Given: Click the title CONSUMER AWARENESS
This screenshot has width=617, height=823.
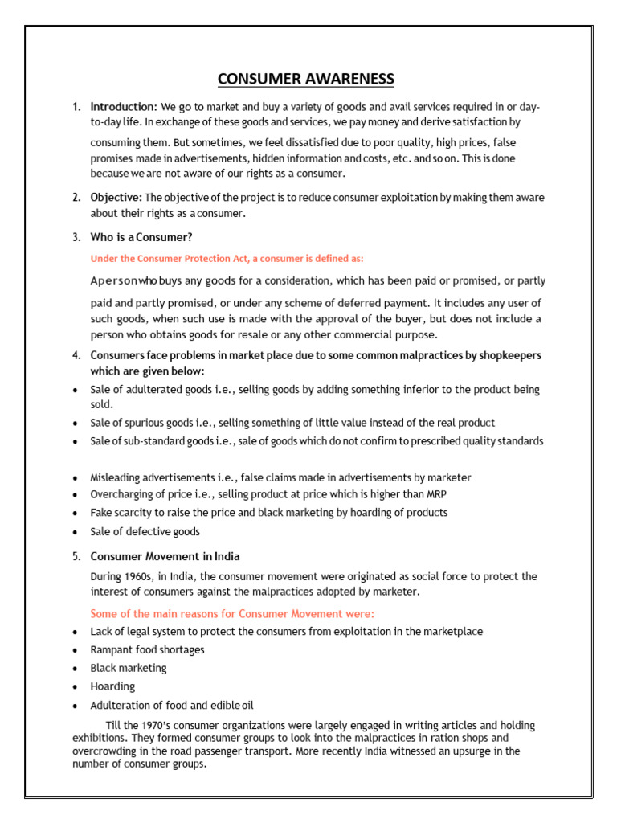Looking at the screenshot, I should (x=306, y=78).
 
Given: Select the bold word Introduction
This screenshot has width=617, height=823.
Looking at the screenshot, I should (x=123, y=107).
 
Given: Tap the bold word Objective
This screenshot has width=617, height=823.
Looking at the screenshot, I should (x=116, y=198).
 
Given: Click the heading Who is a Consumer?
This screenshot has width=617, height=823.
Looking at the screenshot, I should (x=141, y=237).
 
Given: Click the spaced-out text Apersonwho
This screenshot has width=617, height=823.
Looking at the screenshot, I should (x=126, y=281).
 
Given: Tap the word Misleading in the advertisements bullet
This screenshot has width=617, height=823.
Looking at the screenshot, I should (x=114, y=477).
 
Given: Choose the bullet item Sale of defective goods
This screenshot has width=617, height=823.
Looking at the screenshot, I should (x=145, y=531).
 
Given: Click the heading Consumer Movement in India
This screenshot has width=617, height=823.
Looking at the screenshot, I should (x=165, y=556).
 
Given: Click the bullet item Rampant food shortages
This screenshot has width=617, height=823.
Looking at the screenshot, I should (x=147, y=649).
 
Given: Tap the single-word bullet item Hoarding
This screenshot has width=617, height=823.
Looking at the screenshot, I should (x=112, y=686).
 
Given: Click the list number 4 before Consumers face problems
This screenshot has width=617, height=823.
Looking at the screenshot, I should (x=76, y=355).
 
